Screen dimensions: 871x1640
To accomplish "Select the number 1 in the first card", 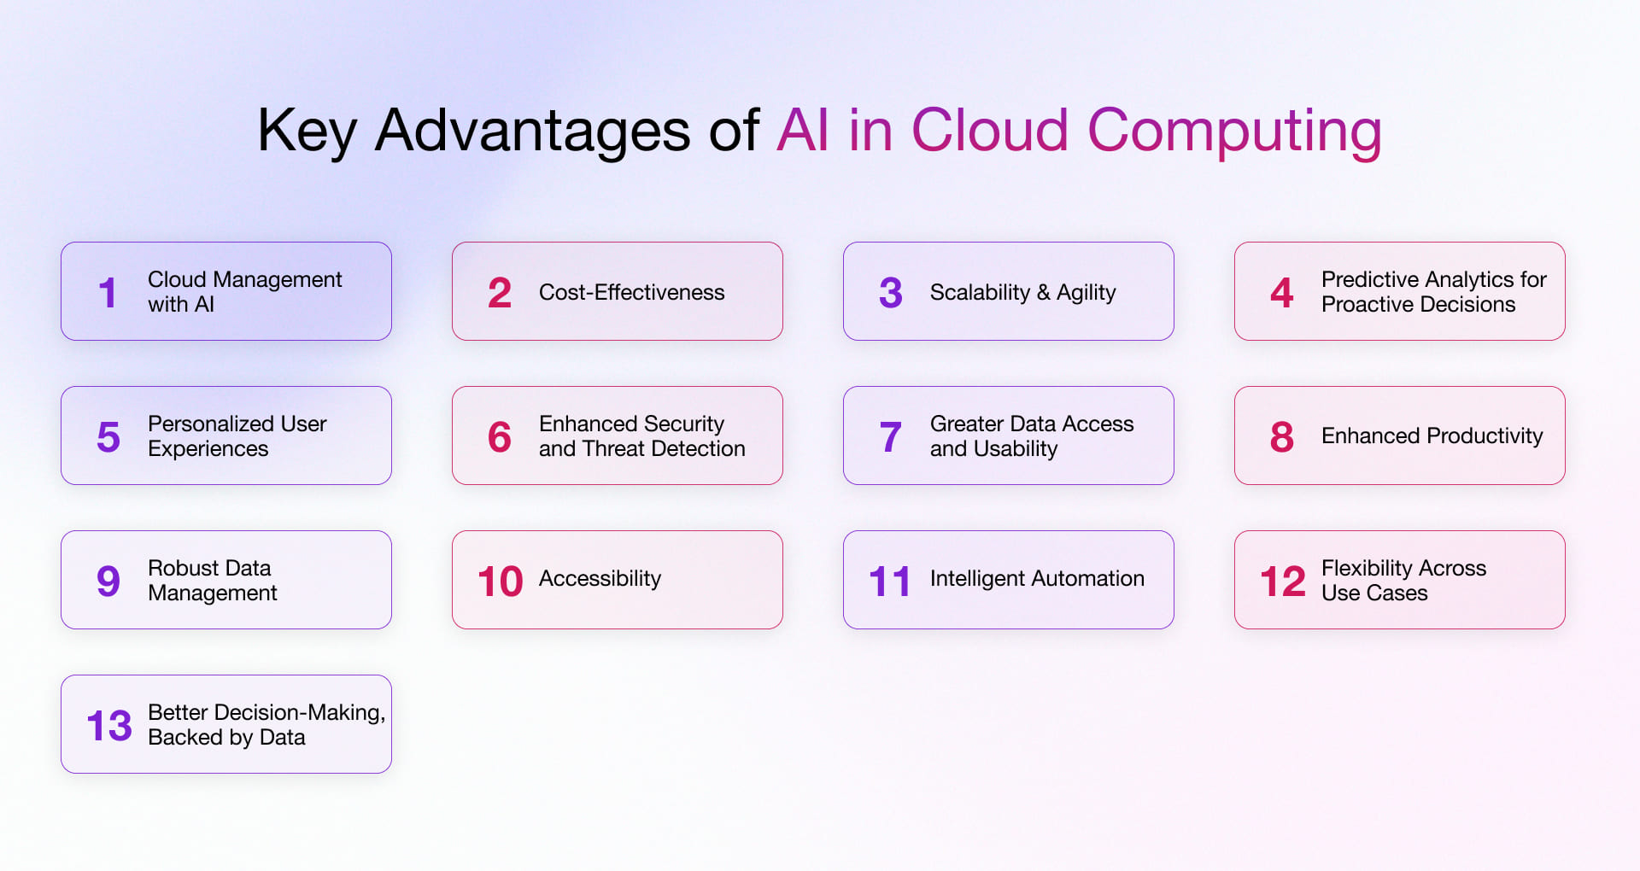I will (x=107, y=293).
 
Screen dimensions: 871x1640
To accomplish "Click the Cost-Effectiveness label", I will (x=631, y=292).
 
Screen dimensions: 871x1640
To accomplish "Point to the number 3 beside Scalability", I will (x=890, y=293).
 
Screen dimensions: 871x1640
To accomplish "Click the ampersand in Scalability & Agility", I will (x=1043, y=292).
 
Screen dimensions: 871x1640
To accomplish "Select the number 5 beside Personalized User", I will (x=108, y=437).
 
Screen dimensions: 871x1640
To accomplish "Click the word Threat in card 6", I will (x=614, y=448).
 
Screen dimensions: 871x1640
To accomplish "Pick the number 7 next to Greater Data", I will (x=890, y=437).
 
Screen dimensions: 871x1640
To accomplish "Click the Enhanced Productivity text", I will (x=1432, y=435).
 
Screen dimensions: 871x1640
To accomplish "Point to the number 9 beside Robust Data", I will (x=108, y=582).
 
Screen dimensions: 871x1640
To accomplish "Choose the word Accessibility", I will (x=600, y=578).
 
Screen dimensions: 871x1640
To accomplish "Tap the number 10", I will (x=500, y=582).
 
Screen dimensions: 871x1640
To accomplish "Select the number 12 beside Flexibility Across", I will (x=1282, y=582).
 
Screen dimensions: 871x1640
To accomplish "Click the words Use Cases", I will (x=1373, y=593).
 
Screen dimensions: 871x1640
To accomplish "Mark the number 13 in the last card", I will (x=109, y=726).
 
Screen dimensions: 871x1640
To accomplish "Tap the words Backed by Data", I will (x=226, y=737).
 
